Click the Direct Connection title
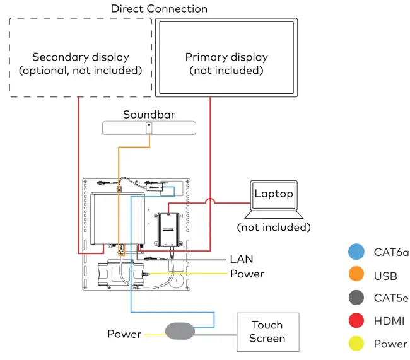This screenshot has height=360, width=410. [159, 9]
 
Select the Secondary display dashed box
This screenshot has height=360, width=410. [81, 57]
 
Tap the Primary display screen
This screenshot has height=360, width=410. [226, 57]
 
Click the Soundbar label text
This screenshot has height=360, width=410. [149, 114]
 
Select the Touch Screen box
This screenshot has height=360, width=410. [267, 332]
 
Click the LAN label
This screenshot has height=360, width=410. [242, 259]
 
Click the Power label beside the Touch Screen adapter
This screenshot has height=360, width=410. [124, 334]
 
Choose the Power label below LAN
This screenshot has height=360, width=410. [247, 274]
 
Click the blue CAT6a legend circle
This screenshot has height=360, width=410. [356, 252]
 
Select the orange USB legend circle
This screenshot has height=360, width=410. [356, 276]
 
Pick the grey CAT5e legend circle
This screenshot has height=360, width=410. [356, 298]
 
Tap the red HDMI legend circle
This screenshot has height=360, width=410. [356, 321]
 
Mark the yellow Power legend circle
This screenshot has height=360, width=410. [356, 344]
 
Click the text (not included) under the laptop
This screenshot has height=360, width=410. [274, 226]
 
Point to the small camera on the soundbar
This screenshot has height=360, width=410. [149, 127]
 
